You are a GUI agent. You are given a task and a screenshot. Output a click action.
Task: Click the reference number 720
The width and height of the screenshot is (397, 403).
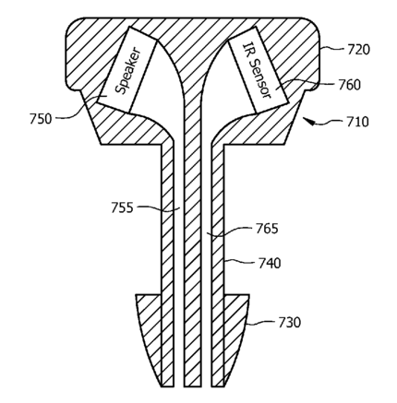tap(358, 49)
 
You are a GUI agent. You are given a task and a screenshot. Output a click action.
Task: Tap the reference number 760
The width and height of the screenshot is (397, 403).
tap(350, 85)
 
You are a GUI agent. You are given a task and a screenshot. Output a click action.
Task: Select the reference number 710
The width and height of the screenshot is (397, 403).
tap(357, 122)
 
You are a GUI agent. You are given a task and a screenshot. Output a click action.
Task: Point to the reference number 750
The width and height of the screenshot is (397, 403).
tap(41, 119)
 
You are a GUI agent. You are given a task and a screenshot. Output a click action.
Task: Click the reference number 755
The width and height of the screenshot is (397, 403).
tap(122, 207)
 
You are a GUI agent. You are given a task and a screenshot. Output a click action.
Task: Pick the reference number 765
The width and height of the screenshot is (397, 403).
tap(267, 229)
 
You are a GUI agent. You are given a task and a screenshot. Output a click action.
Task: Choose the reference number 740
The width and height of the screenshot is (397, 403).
tap(270, 264)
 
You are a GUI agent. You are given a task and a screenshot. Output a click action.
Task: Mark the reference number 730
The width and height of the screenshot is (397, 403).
tap(289, 323)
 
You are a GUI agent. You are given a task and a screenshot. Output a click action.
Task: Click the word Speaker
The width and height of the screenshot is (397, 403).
tap(128, 71)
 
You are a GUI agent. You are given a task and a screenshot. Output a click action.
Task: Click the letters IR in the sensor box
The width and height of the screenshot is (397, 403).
tap(248, 49)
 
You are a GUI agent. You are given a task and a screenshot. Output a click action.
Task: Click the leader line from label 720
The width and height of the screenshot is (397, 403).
tap(333, 48)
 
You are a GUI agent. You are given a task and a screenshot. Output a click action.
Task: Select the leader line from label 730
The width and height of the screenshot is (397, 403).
tap(261, 323)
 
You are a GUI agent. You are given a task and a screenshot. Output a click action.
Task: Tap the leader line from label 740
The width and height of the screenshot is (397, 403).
tap(241, 262)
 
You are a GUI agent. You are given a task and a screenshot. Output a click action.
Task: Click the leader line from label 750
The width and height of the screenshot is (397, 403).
tap(79, 108)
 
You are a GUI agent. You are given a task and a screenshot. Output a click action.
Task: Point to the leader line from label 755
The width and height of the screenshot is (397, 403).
tap(158, 208)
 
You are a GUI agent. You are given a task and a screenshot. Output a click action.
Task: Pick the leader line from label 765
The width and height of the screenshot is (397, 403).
tap(230, 232)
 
